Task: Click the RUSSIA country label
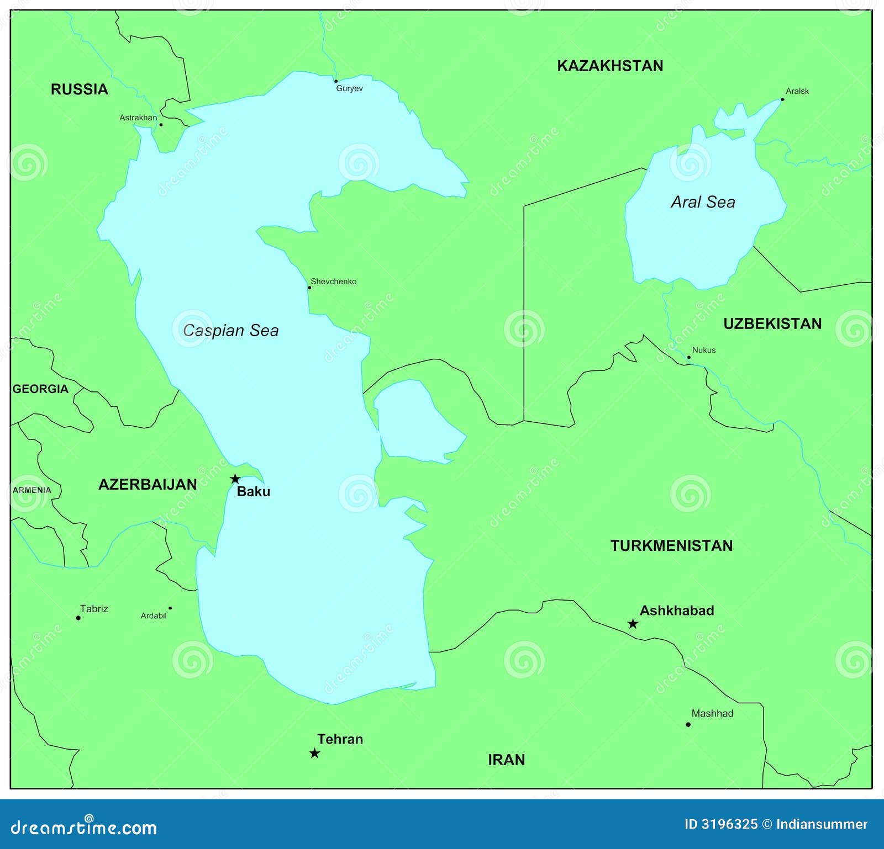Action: (x=79, y=89)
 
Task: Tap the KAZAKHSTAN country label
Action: (x=610, y=66)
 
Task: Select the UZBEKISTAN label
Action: (x=772, y=323)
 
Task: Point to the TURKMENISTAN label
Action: (x=671, y=545)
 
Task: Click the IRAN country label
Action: (x=506, y=760)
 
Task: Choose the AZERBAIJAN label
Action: (x=148, y=484)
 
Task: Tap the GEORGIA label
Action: (x=40, y=389)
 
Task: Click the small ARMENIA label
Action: (x=32, y=490)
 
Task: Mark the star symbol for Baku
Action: (x=235, y=479)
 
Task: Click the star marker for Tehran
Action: (x=314, y=754)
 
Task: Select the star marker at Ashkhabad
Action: (x=633, y=624)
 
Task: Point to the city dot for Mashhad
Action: (x=688, y=724)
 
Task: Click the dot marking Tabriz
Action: (x=78, y=618)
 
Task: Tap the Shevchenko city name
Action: (x=333, y=282)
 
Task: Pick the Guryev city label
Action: (x=349, y=88)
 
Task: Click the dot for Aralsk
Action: (x=782, y=99)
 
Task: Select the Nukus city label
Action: (x=703, y=350)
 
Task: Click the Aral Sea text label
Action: (x=703, y=202)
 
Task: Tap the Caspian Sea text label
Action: (x=230, y=330)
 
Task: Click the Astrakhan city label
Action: (x=138, y=118)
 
